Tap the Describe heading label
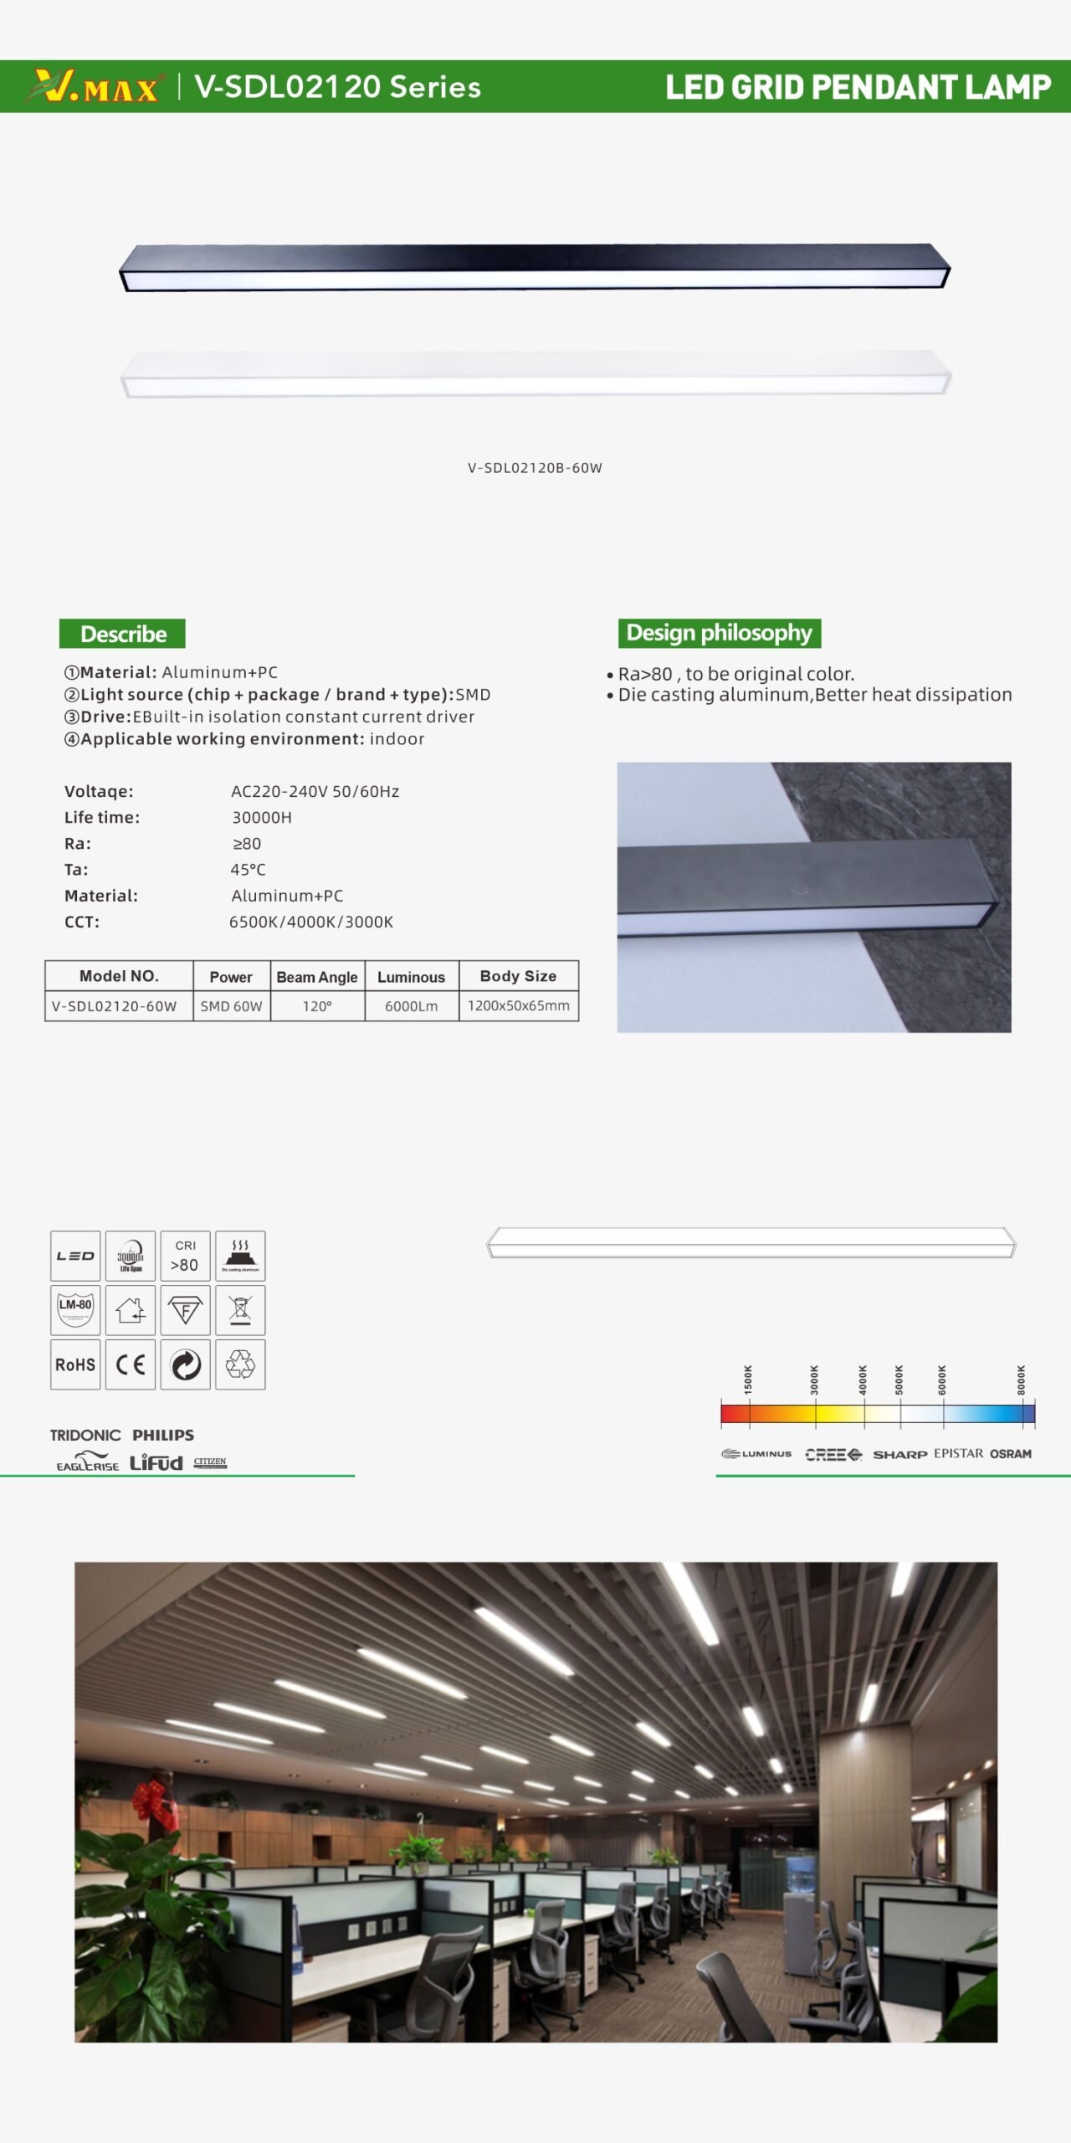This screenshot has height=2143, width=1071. [x=122, y=634]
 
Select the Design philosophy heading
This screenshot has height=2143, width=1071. [x=719, y=633]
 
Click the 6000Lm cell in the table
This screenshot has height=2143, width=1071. [x=411, y=1006]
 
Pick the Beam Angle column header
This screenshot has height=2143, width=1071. [x=317, y=977]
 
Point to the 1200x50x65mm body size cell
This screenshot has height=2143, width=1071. [x=518, y=1005]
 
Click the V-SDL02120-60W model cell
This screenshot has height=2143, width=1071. [x=115, y=1006]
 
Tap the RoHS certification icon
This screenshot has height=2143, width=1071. [x=75, y=1364]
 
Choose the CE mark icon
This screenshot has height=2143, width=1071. [x=131, y=1364]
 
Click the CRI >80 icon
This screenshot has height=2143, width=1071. [x=185, y=1256]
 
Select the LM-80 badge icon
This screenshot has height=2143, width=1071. [x=75, y=1310]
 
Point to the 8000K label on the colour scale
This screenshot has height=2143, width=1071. [x=1021, y=1379]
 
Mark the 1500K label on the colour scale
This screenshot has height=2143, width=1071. [x=748, y=1379]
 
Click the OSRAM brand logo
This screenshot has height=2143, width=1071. [x=1011, y=1454]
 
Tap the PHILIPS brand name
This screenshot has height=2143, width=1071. [x=163, y=1435]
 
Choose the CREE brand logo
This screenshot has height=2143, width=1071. [x=833, y=1454]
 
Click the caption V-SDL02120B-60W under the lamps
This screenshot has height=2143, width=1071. [x=535, y=468]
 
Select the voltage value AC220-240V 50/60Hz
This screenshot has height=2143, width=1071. [x=315, y=791]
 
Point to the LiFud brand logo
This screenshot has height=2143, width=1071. [x=156, y=1462]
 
